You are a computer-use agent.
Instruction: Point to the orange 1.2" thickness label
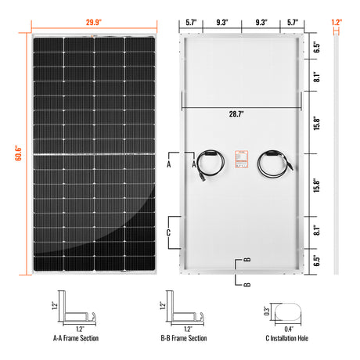[x=337, y=23]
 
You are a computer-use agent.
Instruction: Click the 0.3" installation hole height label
[x=265, y=310]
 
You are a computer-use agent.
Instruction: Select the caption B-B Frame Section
[x=185, y=339]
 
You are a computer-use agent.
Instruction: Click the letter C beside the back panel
[x=169, y=232]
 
